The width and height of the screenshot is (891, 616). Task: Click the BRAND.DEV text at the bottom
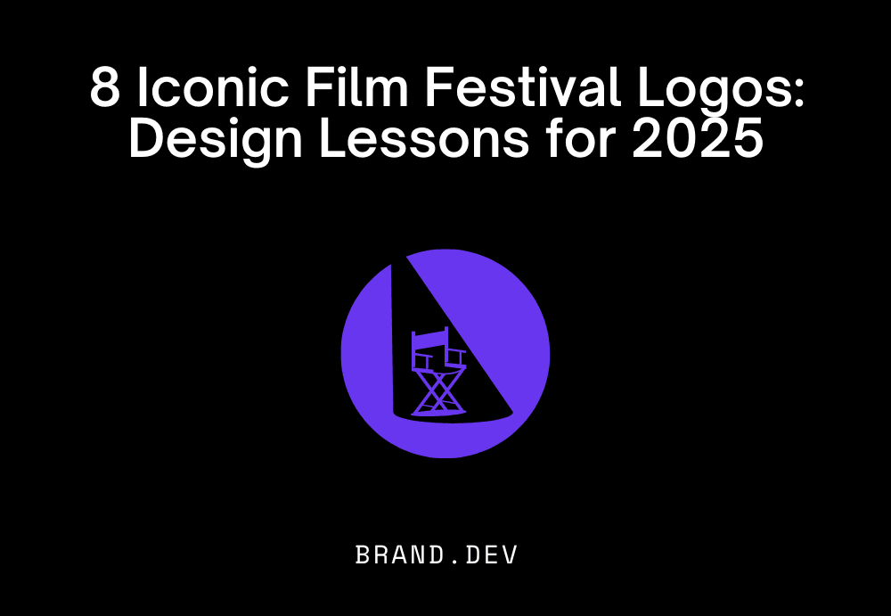point(437,554)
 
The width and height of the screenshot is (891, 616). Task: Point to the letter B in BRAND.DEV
point(364,554)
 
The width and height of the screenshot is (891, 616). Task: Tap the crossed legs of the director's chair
point(439,390)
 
